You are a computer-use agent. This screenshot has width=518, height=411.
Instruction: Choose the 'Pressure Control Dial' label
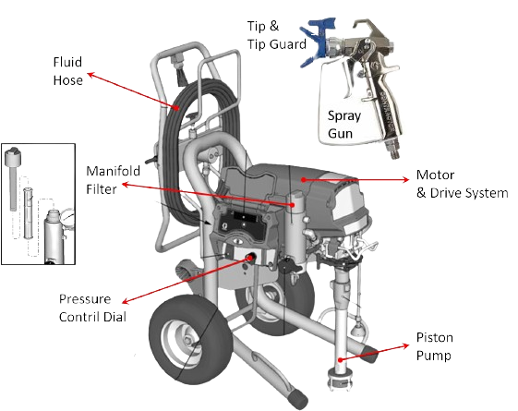[92, 307]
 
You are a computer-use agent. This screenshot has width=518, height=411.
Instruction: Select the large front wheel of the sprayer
[179, 343]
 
